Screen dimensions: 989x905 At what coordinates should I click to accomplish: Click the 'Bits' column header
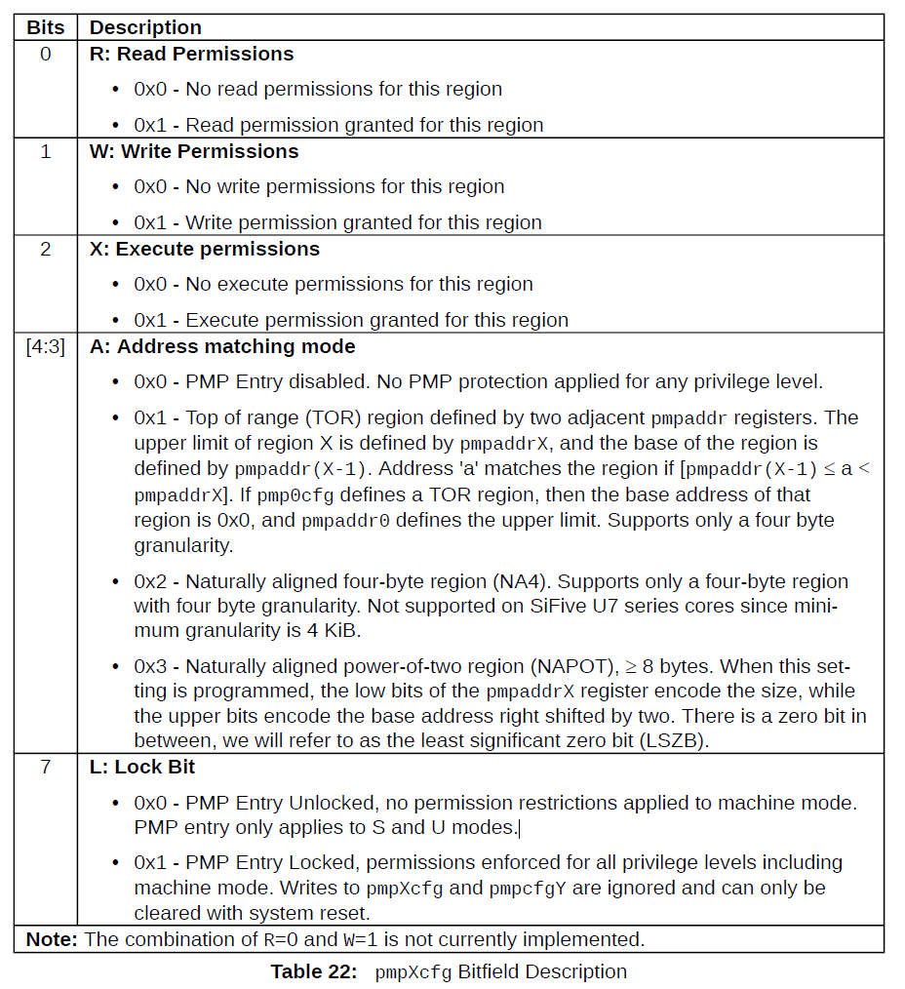(45, 27)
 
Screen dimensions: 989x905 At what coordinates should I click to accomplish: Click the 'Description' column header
(146, 27)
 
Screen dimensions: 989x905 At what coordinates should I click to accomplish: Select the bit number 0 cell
(45, 54)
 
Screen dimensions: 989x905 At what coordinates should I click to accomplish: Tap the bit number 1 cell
(45, 151)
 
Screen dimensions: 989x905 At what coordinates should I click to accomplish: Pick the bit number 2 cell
(45, 249)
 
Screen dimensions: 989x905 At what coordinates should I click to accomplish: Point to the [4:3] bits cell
(45, 346)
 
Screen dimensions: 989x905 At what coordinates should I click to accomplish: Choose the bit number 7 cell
(45, 767)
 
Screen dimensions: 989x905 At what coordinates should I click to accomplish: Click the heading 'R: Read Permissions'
(191, 54)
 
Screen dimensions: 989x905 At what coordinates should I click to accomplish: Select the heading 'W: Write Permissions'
(194, 151)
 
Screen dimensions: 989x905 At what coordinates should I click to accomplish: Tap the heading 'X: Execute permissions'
(205, 249)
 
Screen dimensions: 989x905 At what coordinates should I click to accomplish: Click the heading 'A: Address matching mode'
(222, 346)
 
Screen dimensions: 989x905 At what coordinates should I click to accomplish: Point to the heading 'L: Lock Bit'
(142, 767)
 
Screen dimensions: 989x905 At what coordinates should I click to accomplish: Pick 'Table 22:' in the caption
(314, 971)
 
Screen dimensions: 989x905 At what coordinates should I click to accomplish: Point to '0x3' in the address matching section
(150, 667)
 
